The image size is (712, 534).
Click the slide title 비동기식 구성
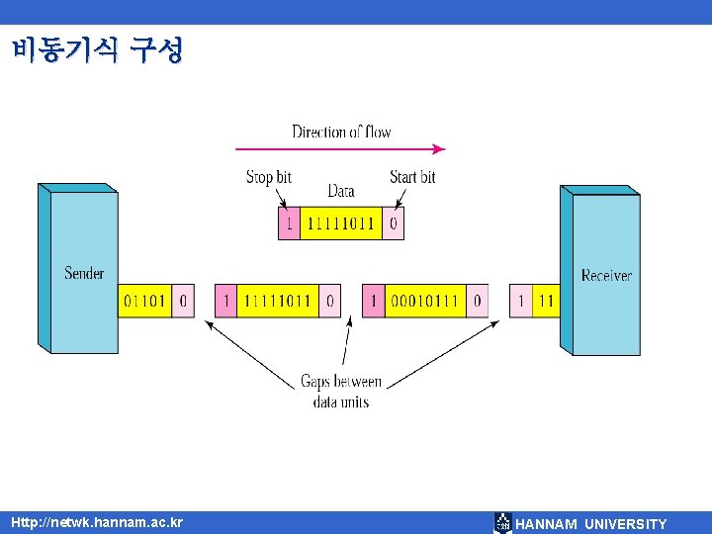(98, 50)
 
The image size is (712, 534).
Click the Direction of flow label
(341, 133)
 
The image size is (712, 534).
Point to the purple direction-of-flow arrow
(340, 150)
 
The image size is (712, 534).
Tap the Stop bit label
(268, 177)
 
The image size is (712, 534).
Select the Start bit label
(412, 177)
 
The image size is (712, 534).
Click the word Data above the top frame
(341, 190)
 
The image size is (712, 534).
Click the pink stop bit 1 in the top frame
(288, 223)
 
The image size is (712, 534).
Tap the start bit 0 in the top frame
(394, 223)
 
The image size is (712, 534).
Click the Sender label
(84, 273)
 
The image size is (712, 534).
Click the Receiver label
(606, 275)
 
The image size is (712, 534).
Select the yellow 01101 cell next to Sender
(145, 301)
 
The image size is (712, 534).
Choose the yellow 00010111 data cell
(424, 301)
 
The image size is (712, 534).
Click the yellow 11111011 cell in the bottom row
(278, 301)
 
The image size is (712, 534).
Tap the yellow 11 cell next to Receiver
(545, 301)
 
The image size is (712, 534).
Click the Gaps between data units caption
(341, 392)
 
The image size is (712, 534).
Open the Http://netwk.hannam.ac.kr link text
(97, 521)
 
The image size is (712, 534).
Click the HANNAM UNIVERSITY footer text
(591, 524)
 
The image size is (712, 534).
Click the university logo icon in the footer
(503, 523)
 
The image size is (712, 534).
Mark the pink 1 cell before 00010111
(373, 301)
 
